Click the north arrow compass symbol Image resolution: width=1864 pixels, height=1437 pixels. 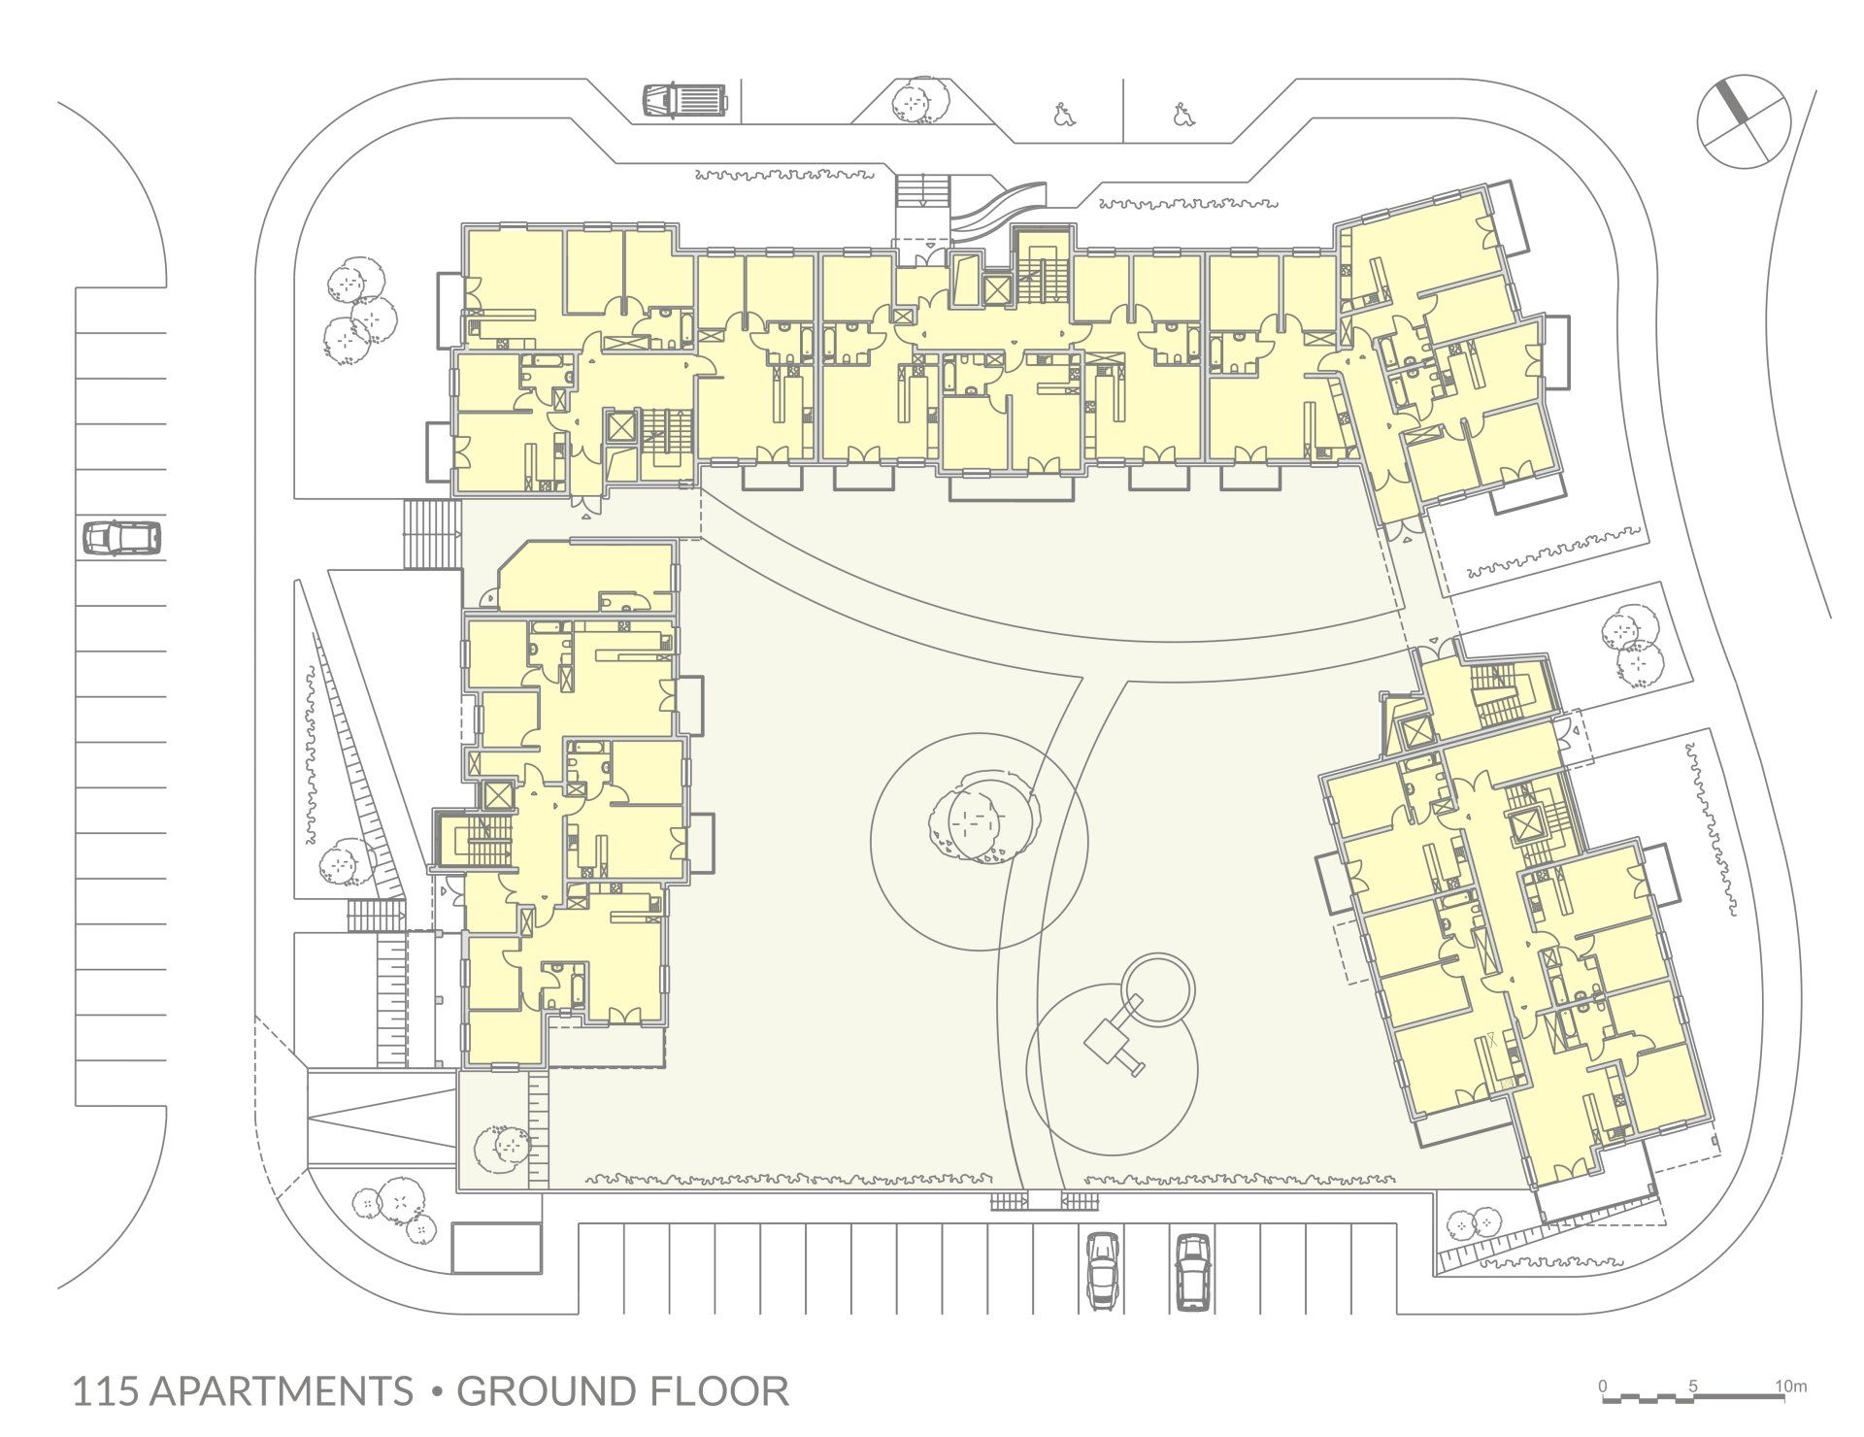(1744, 121)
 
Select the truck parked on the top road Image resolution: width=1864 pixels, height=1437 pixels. (685, 100)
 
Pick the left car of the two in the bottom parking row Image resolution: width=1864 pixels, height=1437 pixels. (1102, 1270)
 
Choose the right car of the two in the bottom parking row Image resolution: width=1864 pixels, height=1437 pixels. (1192, 1270)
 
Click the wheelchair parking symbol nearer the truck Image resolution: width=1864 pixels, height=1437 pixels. (1063, 117)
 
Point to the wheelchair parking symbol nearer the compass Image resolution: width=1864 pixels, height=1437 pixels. (1182, 115)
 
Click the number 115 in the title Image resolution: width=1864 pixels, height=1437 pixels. (107, 1391)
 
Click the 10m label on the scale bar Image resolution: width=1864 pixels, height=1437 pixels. (1790, 1386)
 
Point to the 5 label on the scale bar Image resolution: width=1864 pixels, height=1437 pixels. (1693, 1386)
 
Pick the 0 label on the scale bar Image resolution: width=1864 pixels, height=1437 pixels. (1603, 1386)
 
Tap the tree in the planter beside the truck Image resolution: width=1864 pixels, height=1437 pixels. (917, 100)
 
